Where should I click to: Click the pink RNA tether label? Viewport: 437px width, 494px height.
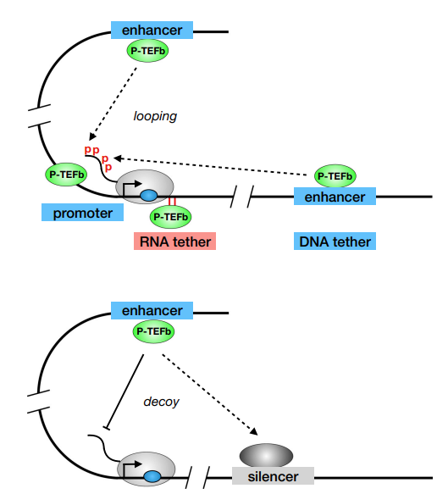[x=174, y=241]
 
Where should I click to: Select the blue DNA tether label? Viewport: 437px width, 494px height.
[x=335, y=241]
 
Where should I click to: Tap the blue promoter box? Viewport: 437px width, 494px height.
[x=82, y=212]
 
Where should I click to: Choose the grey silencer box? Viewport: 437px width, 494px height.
[x=273, y=475]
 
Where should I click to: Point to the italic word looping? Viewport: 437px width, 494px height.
[x=155, y=116]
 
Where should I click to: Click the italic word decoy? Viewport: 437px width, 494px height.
[x=161, y=402]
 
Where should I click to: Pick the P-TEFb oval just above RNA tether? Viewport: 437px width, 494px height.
[x=170, y=217]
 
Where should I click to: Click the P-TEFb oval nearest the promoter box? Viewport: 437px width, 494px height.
[x=66, y=175]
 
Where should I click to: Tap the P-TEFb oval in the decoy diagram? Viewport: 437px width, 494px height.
[x=153, y=331]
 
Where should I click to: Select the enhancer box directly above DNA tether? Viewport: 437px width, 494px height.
[x=335, y=197]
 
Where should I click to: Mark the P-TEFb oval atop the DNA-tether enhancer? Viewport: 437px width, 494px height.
[x=335, y=175]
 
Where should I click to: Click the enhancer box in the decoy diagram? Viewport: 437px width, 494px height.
[x=152, y=310]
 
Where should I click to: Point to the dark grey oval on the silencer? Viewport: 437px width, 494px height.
[x=267, y=456]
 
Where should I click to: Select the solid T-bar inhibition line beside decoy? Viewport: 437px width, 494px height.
[x=124, y=391]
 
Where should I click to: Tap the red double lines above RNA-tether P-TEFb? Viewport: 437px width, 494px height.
[x=172, y=201]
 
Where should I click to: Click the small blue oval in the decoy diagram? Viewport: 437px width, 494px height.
[x=152, y=476]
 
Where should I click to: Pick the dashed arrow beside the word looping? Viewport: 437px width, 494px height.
[x=113, y=103]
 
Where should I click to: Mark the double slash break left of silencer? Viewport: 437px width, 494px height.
[x=197, y=477]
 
